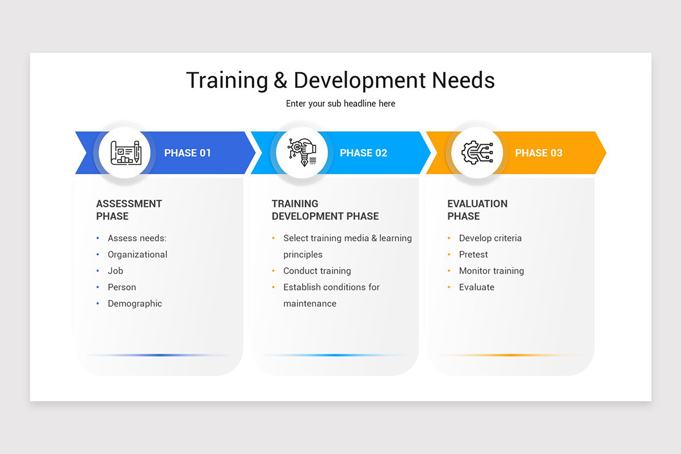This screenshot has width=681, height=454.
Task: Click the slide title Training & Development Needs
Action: click(340, 81)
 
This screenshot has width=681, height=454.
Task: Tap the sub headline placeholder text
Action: click(340, 104)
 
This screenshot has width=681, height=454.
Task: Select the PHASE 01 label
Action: click(187, 153)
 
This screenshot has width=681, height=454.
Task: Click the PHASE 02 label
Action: click(363, 153)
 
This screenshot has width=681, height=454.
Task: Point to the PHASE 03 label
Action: click(539, 153)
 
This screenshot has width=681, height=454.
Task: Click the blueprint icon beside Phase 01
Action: click(124, 153)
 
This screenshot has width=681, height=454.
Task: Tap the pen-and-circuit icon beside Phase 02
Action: click(301, 153)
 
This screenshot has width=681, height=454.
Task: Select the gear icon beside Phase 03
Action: click(477, 153)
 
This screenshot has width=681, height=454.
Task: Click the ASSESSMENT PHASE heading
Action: click(129, 210)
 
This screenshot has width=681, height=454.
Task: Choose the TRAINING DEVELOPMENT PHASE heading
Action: click(325, 210)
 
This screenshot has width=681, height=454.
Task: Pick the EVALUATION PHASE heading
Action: click(477, 210)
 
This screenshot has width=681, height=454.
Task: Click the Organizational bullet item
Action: click(137, 255)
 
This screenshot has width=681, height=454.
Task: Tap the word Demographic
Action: click(135, 304)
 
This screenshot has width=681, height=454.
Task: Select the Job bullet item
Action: click(115, 271)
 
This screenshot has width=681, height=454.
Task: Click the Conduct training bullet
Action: click(317, 271)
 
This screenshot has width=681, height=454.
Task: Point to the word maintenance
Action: click(310, 304)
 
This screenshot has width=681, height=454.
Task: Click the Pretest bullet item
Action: click(473, 255)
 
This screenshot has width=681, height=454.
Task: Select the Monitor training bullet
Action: click(491, 271)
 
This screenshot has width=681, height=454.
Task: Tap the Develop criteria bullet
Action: click(490, 238)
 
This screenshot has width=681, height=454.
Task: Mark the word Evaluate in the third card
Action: click(477, 287)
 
